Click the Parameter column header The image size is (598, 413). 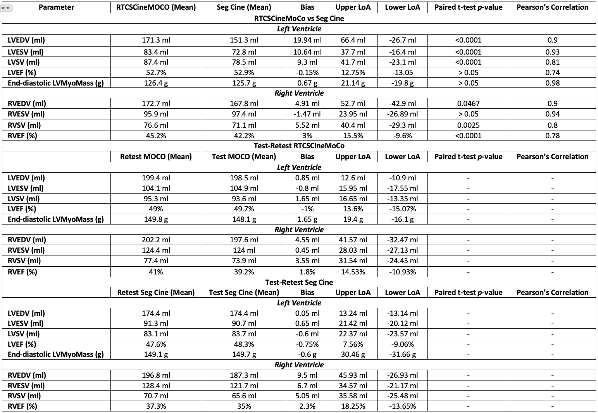[56, 7]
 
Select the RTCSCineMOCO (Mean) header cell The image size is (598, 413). [156, 7]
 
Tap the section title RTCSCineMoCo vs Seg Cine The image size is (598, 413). [299, 18]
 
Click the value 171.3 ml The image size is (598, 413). [156, 40]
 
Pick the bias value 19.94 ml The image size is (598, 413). [307, 40]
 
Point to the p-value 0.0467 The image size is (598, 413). [468, 103]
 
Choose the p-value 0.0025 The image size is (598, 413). [468, 125]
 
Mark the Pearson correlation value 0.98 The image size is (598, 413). [552, 83]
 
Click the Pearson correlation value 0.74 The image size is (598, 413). [552, 72]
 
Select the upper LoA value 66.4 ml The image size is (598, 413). [353, 40]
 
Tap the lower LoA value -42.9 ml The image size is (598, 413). [402, 103]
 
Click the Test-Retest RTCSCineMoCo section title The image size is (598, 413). [299, 146]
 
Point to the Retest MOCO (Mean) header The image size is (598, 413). [156, 156]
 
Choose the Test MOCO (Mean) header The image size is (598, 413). [244, 156]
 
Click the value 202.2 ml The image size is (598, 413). [156, 240]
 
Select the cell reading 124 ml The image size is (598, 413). [244, 250]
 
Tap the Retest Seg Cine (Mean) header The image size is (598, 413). [156, 292]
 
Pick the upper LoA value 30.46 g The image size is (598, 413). [353, 354]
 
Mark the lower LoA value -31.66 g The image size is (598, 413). [402, 354]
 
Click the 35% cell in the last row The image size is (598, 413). [244, 406]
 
